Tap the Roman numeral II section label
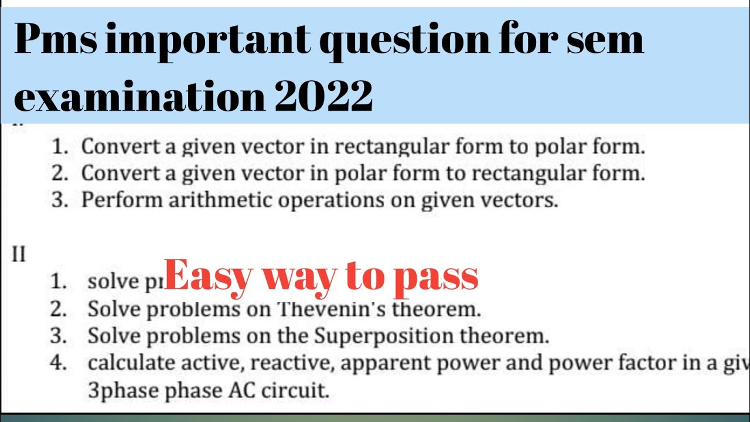pyautogui.click(x=19, y=255)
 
